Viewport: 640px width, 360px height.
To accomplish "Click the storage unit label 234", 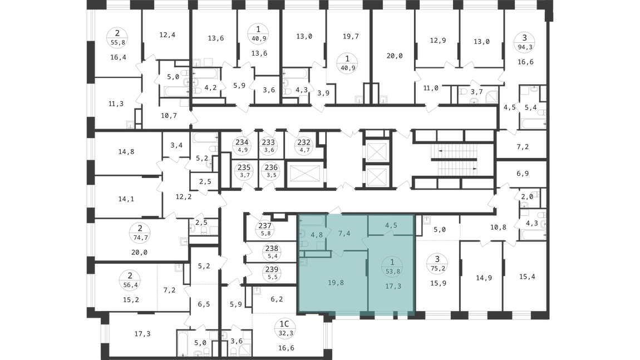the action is tap(242, 146).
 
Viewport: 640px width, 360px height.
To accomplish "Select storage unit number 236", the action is tap(271, 171).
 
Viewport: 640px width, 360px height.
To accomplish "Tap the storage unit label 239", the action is tap(272, 273).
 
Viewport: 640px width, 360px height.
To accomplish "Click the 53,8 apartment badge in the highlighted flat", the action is tap(392, 266).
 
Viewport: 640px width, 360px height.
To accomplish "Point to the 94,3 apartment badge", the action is tap(524, 42).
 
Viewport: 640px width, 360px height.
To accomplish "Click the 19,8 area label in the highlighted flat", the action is tap(336, 283).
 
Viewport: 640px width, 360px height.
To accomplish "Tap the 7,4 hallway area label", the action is tap(344, 234).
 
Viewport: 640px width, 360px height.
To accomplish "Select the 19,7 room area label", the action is tap(351, 37).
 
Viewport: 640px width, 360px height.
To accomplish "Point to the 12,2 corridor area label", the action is tap(184, 197).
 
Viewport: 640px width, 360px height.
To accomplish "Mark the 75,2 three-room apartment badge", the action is tap(437, 263).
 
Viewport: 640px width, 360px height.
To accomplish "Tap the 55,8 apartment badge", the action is tap(117, 37).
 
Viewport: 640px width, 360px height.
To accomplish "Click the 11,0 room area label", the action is tap(431, 88).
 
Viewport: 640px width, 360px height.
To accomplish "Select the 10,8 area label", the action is tap(498, 228).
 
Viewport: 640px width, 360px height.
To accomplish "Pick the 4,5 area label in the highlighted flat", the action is tap(391, 225).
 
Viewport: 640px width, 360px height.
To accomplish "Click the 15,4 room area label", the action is tap(527, 277).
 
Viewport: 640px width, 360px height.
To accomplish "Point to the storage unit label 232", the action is tap(304, 146).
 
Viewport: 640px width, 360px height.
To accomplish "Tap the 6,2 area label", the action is tap(277, 299).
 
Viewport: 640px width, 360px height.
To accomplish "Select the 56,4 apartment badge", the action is tap(130, 280).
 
